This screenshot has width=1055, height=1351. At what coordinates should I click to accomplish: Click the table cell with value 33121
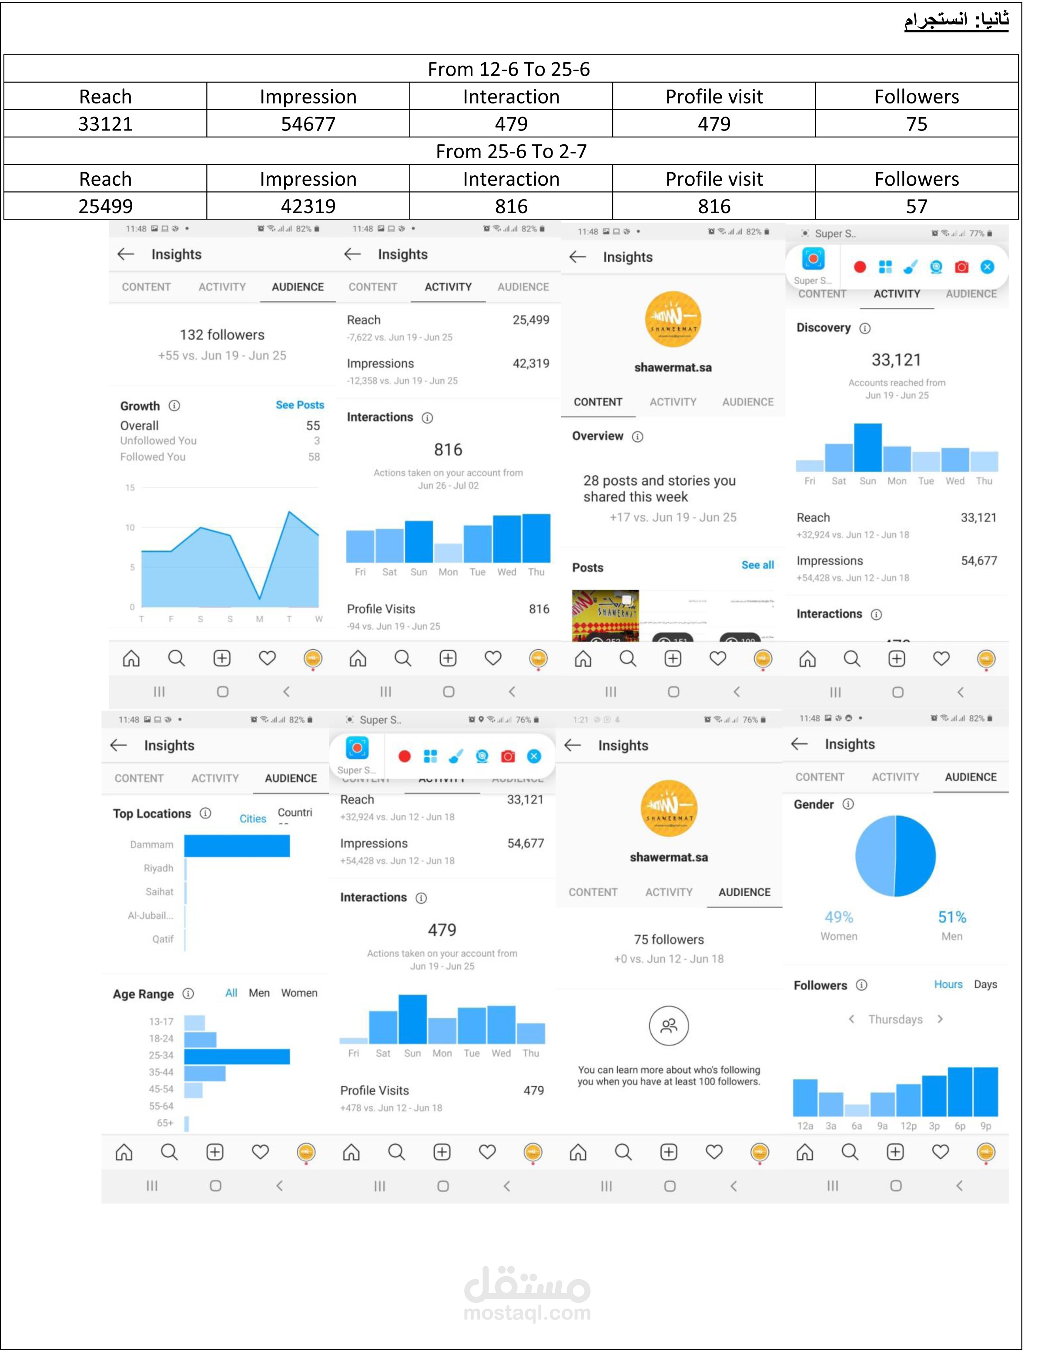pos(105,124)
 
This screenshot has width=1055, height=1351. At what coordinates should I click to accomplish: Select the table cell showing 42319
pos(308,206)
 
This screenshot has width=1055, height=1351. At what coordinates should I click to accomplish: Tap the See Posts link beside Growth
pos(299,404)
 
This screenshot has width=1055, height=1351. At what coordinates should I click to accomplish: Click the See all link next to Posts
pos(757,565)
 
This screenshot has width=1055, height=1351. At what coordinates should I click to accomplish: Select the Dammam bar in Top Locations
pos(237,846)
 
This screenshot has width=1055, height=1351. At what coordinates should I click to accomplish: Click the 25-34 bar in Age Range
pos(237,1056)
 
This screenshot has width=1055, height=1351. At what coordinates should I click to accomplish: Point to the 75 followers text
pos(668,939)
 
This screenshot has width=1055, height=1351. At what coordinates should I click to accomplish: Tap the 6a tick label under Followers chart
pos(856,1126)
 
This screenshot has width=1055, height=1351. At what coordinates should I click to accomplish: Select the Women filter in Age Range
pos(299,993)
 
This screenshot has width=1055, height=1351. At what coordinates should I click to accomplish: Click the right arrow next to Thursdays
pos(940,1019)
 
